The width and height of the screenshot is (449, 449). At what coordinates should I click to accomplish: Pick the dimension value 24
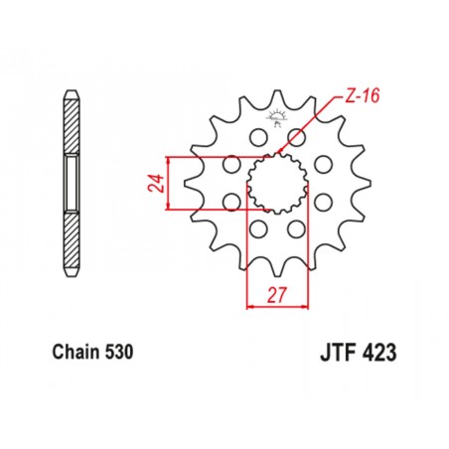[x=155, y=184]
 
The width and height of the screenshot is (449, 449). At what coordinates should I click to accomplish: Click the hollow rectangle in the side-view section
[x=74, y=183]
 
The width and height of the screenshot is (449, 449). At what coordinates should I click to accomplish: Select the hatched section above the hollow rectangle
[x=74, y=129]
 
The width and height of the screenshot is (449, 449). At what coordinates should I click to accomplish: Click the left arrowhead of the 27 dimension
[x=249, y=307]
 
